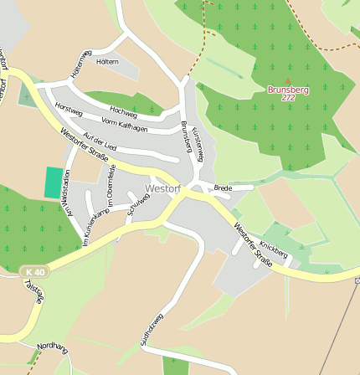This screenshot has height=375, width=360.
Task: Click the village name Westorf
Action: pyautogui.click(x=162, y=189)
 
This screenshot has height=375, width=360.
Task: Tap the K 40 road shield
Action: pyautogui.click(x=34, y=272)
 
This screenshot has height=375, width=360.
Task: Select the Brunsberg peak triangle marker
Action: pyautogui.click(x=289, y=80)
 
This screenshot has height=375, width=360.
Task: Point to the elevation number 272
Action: pyautogui.click(x=289, y=98)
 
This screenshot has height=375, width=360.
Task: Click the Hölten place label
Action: pyautogui.click(x=107, y=62)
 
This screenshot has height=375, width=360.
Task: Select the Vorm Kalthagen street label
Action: pyautogui.click(x=124, y=125)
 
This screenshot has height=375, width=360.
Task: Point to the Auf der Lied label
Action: pyautogui.click(x=100, y=142)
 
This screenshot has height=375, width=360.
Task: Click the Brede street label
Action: pyautogui.click(x=222, y=188)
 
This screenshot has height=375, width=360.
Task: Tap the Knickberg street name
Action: pyautogui.click(x=274, y=249)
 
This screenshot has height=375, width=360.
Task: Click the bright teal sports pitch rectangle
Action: pyautogui.click(x=54, y=182)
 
